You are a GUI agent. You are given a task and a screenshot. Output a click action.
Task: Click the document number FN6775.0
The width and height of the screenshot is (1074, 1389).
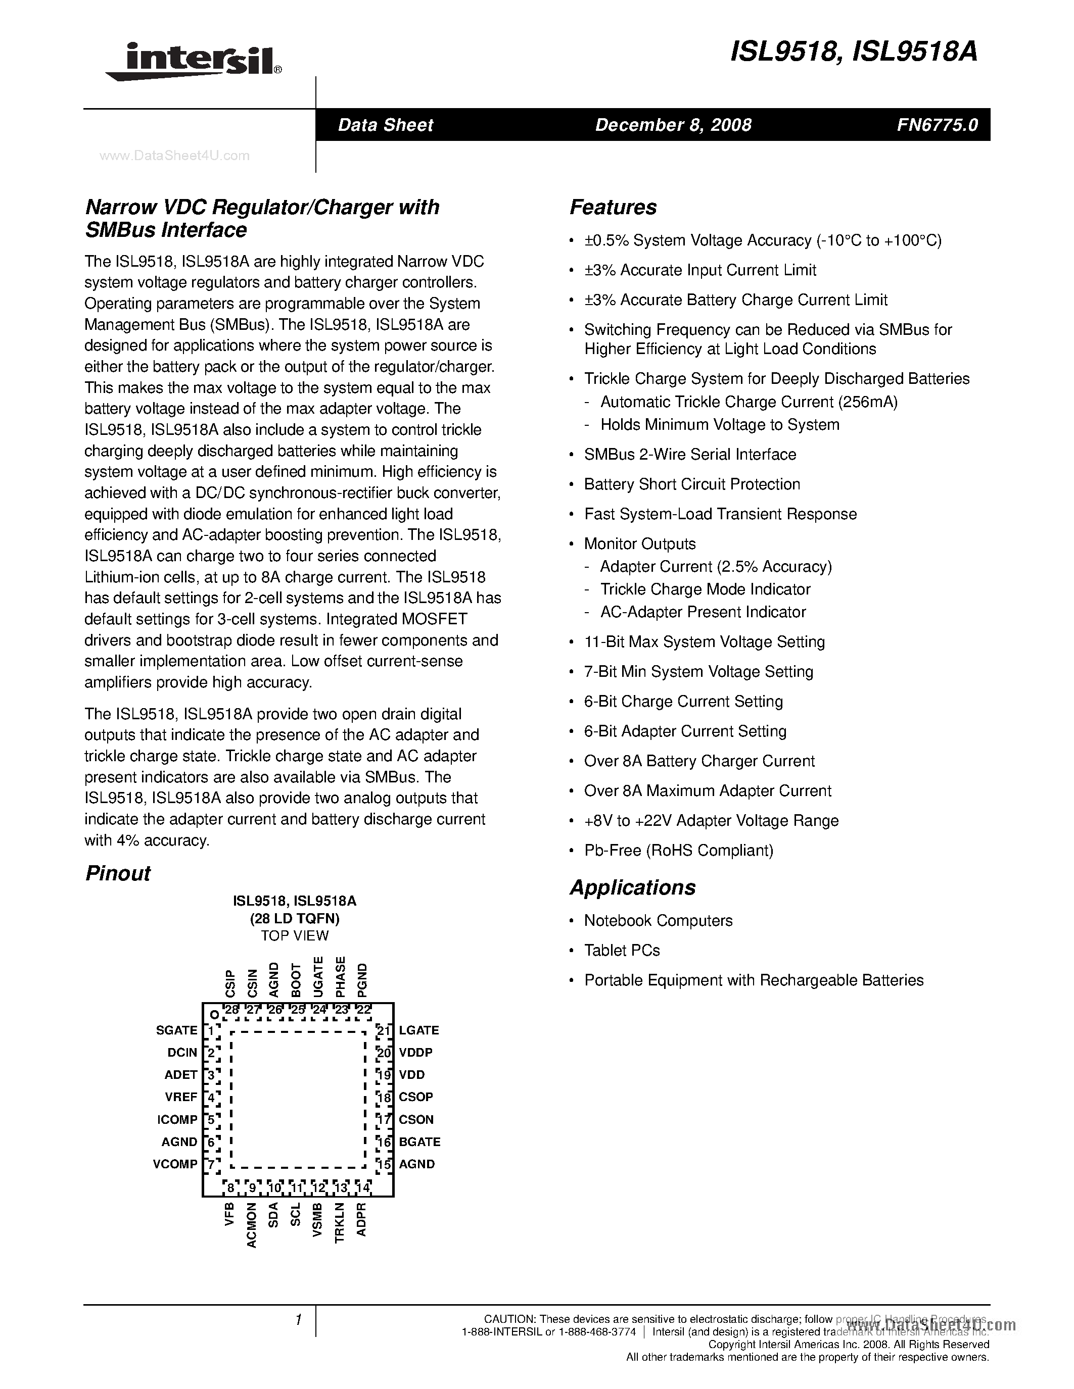pyautogui.click(x=937, y=125)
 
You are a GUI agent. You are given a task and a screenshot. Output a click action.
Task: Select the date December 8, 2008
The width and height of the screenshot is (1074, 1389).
pyautogui.click(x=673, y=125)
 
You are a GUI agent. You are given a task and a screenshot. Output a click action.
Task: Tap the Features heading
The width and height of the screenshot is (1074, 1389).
pyautogui.click(x=613, y=207)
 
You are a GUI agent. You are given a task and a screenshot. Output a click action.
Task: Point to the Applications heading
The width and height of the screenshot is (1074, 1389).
pyautogui.click(x=632, y=887)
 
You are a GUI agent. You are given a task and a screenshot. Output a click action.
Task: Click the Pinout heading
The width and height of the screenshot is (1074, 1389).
pyautogui.click(x=118, y=873)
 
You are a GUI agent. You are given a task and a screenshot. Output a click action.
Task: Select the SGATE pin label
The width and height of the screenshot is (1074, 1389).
pyautogui.click(x=177, y=1030)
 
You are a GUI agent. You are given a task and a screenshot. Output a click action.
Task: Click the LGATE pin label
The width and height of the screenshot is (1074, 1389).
pyautogui.click(x=418, y=1030)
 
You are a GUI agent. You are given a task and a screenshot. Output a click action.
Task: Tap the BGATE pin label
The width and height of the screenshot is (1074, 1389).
pyautogui.click(x=419, y=1142)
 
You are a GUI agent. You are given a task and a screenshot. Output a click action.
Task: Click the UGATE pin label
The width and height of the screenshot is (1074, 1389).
pyautogui.click(x=319, y=976)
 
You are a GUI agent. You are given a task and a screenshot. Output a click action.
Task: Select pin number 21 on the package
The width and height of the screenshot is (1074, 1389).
pyautogui.click(x=383, y=1030)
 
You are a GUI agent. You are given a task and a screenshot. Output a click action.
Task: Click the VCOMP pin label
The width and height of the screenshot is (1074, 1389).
pyautogui.click(x=175, y=1164)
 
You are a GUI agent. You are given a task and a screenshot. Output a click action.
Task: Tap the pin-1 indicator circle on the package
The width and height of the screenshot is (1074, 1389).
pyautogui.click(x=214, y=1014)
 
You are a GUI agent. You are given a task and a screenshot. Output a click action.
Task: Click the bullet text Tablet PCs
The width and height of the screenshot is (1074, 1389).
pyautogui.click(x=622, y=950)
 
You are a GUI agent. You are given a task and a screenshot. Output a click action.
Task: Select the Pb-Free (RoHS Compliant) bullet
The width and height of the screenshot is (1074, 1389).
pyautogui.click(x=678, y=850)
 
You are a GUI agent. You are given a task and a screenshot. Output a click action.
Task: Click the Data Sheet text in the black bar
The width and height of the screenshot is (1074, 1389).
pyautogui.click(x=386, y=125)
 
